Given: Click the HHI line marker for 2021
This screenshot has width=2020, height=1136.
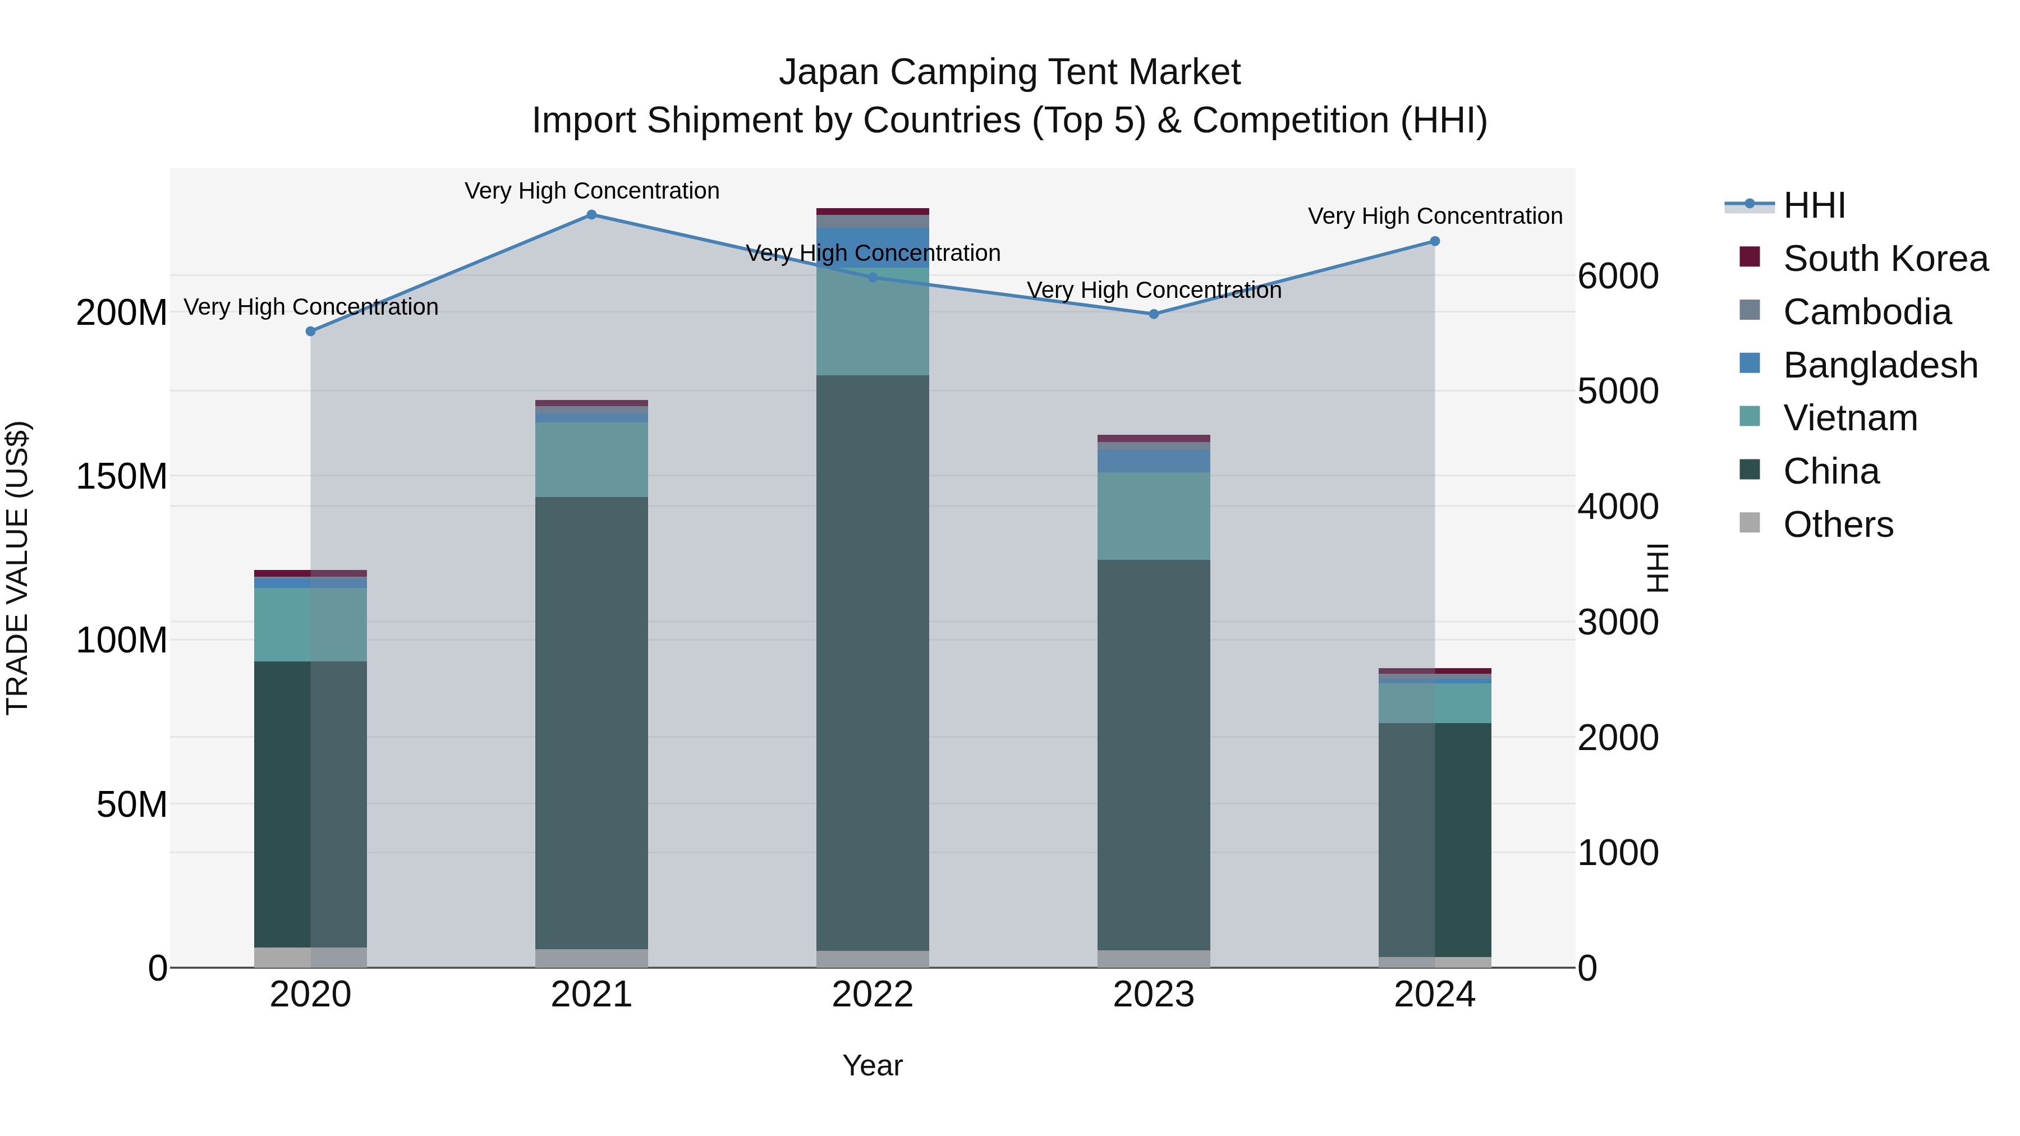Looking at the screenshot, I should coord(591,215).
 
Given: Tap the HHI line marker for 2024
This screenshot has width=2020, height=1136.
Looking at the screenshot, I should coord(1434,241).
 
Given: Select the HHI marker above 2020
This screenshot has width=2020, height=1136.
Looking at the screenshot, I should coord(310,332).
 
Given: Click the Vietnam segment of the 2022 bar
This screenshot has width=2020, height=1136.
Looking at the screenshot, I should coord(872,321).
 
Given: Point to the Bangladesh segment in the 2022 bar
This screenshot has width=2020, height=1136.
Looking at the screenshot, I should coord(872,247).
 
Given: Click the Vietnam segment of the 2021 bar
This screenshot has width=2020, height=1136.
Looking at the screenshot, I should coord(591,459).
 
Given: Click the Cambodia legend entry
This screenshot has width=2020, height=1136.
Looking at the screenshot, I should coord(1866,312).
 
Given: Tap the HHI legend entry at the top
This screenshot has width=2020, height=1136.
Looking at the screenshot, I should coord(1813,205).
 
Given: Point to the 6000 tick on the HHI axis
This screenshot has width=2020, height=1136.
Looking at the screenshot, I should coord(1618,276).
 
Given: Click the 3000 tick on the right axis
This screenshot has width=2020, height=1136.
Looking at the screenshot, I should coord(1618,623).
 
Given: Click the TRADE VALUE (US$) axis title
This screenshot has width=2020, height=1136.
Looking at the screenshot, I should coord(17,568).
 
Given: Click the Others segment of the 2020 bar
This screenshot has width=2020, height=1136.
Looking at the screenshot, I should coord(310,956).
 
